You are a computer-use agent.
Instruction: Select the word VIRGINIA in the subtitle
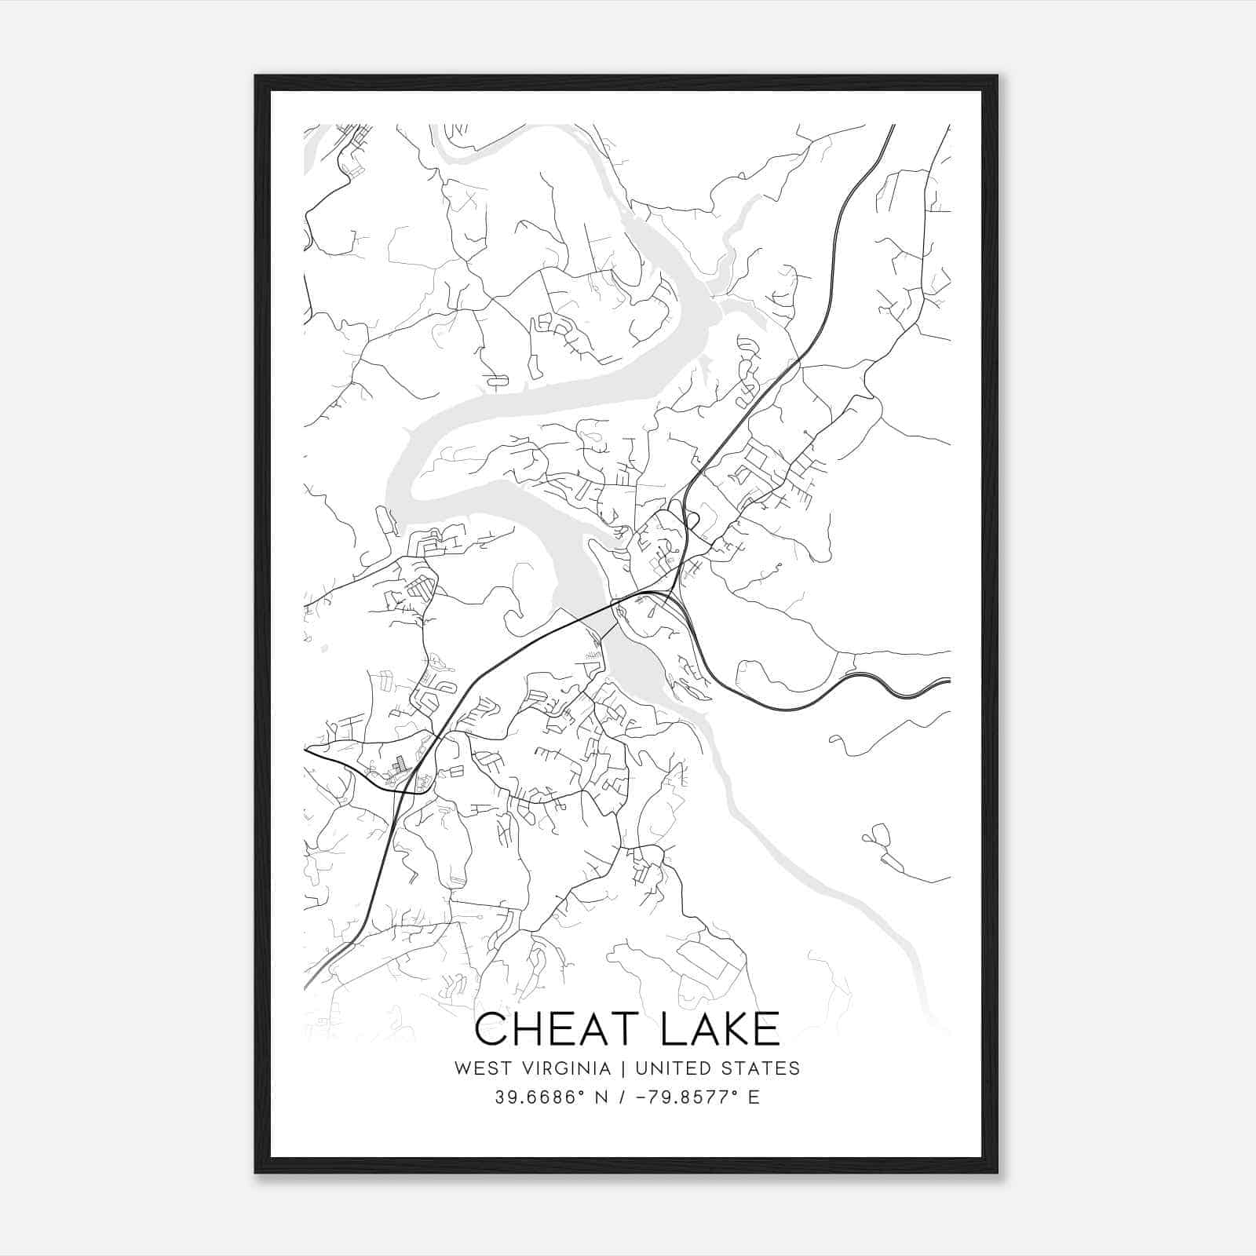point(564,1068)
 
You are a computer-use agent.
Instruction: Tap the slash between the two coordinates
point(621,1097)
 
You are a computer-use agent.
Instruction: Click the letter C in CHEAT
point(492,1029)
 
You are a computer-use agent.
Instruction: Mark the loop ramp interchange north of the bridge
point(690,520)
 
